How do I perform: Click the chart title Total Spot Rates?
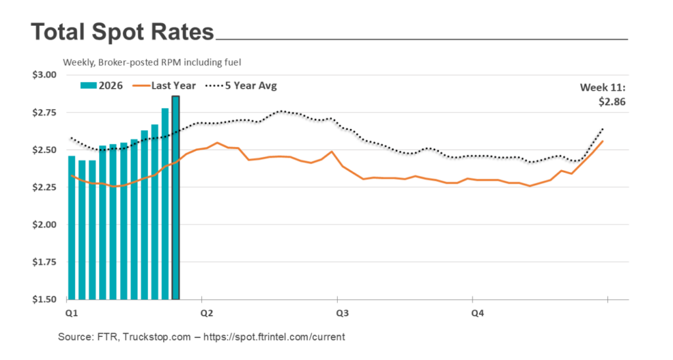click(x=122, y=32)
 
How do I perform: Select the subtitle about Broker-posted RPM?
click(x=152, y=62)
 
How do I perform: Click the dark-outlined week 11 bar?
click(x=175, y=197)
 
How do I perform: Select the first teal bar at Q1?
click(x=72, y=227)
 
